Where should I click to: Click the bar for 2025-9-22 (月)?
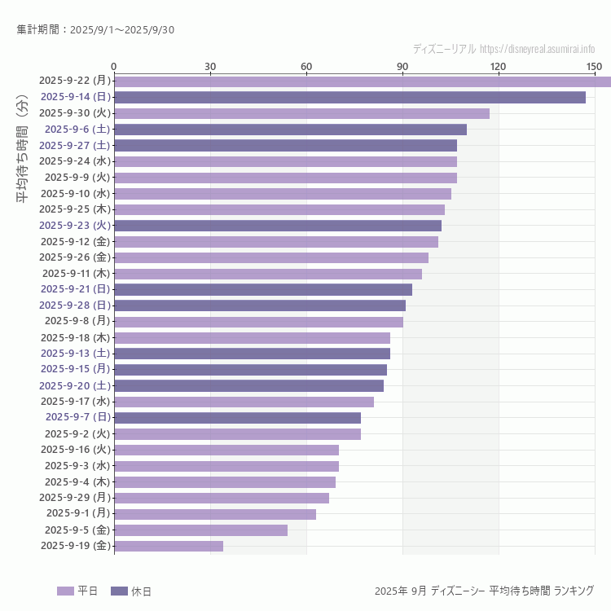tap(363, 81)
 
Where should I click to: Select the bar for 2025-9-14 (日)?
tap(349, 97)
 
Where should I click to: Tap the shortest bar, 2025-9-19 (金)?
tap(169, 546)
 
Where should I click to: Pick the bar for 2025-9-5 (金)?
tap(200, 530)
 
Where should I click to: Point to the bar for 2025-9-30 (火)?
tap(301, 113)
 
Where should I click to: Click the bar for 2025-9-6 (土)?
tap(290, 129)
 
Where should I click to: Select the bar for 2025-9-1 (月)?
tap(215, 514)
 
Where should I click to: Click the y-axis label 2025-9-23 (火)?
tap(75, 225)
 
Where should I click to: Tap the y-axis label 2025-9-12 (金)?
tap(75, 241)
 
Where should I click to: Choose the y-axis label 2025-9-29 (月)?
tap(75, 497)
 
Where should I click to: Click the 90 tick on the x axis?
tap(402, 66)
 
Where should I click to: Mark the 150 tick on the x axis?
tap(594, 66)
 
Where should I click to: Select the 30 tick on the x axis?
tap(210, 66)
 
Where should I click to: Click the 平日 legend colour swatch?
tap(65, 591)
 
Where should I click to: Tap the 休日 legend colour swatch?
tap(119, 591)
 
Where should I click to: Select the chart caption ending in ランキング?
tap(484, 591)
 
